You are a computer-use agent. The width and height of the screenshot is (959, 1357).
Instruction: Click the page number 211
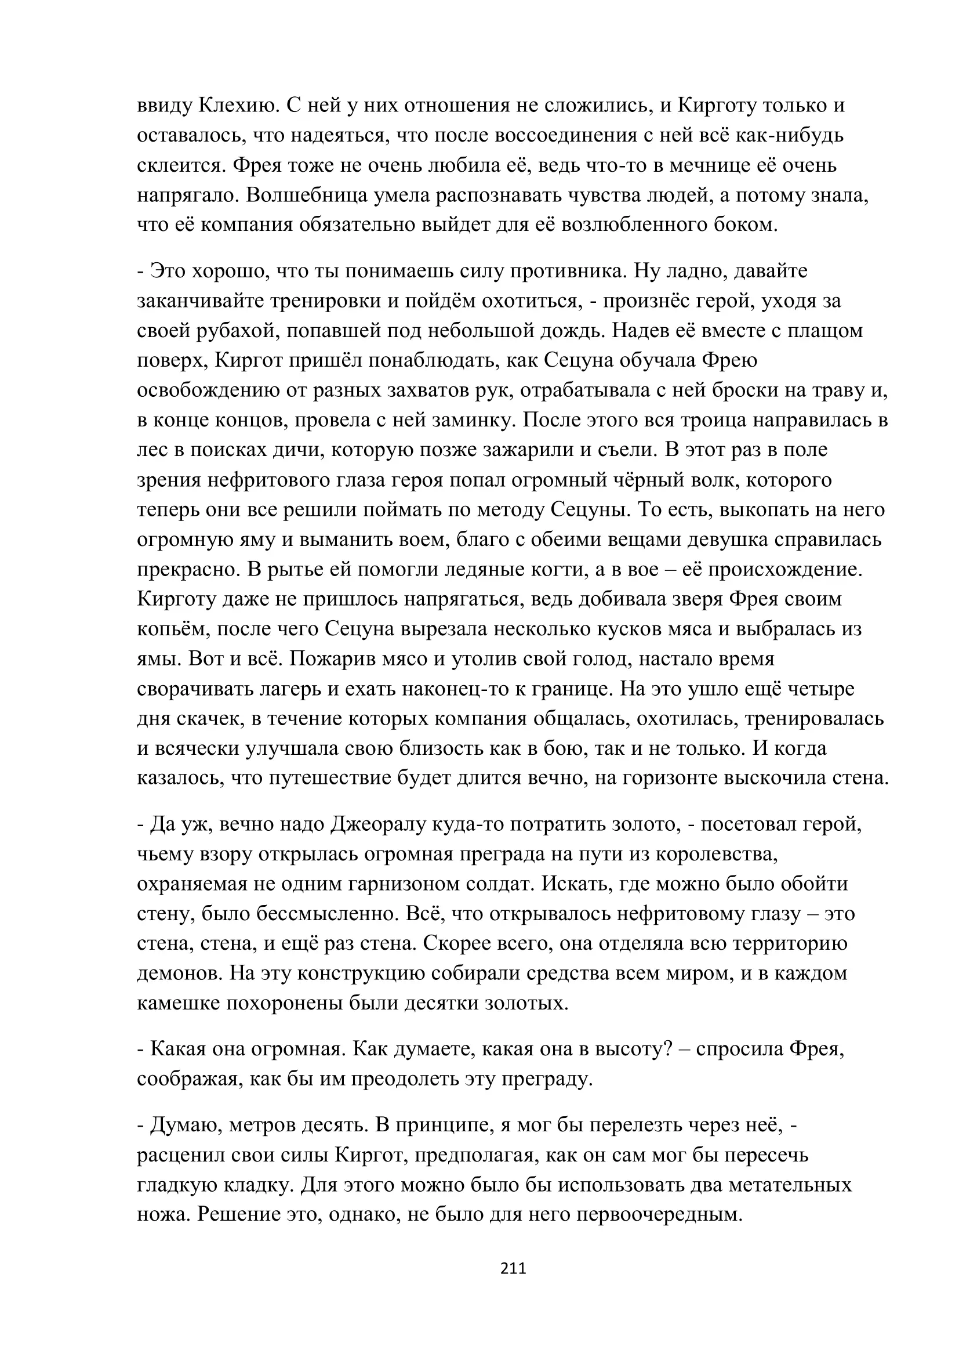[x=513, y=1268]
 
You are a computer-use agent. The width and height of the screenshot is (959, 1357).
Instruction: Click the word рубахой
[x=238, y=330]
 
